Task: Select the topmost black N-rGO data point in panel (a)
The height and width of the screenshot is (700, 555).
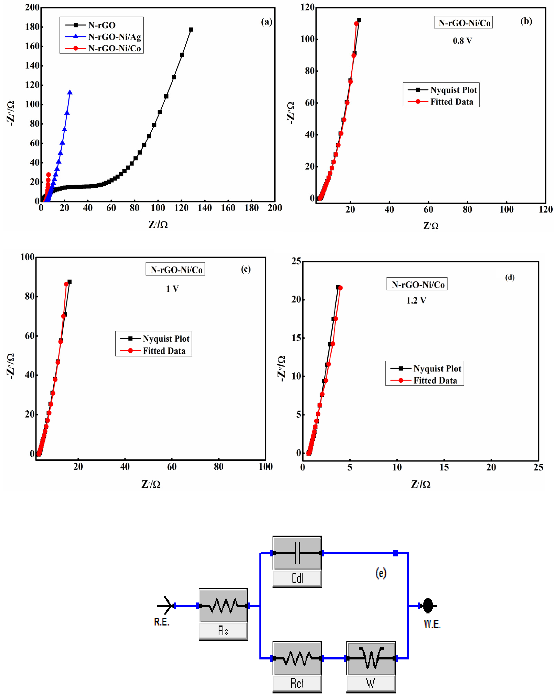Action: coord(191,30)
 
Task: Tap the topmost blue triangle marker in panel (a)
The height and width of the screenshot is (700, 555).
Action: coord(70,92)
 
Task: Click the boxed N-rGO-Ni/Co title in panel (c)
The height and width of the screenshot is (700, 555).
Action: coord(175,270)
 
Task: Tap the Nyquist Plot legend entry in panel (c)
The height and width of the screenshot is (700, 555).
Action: coord(166,339)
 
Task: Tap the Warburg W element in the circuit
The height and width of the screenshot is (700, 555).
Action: coord(371,658)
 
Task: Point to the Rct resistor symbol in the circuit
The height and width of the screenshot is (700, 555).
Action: coord(297,658)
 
